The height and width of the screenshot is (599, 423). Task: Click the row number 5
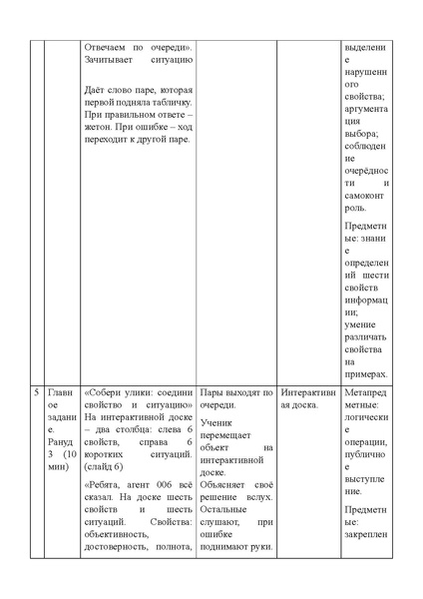point(36,392)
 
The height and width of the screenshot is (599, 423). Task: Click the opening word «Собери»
point(106,392)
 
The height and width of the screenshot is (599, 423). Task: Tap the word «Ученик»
point(217,422)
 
